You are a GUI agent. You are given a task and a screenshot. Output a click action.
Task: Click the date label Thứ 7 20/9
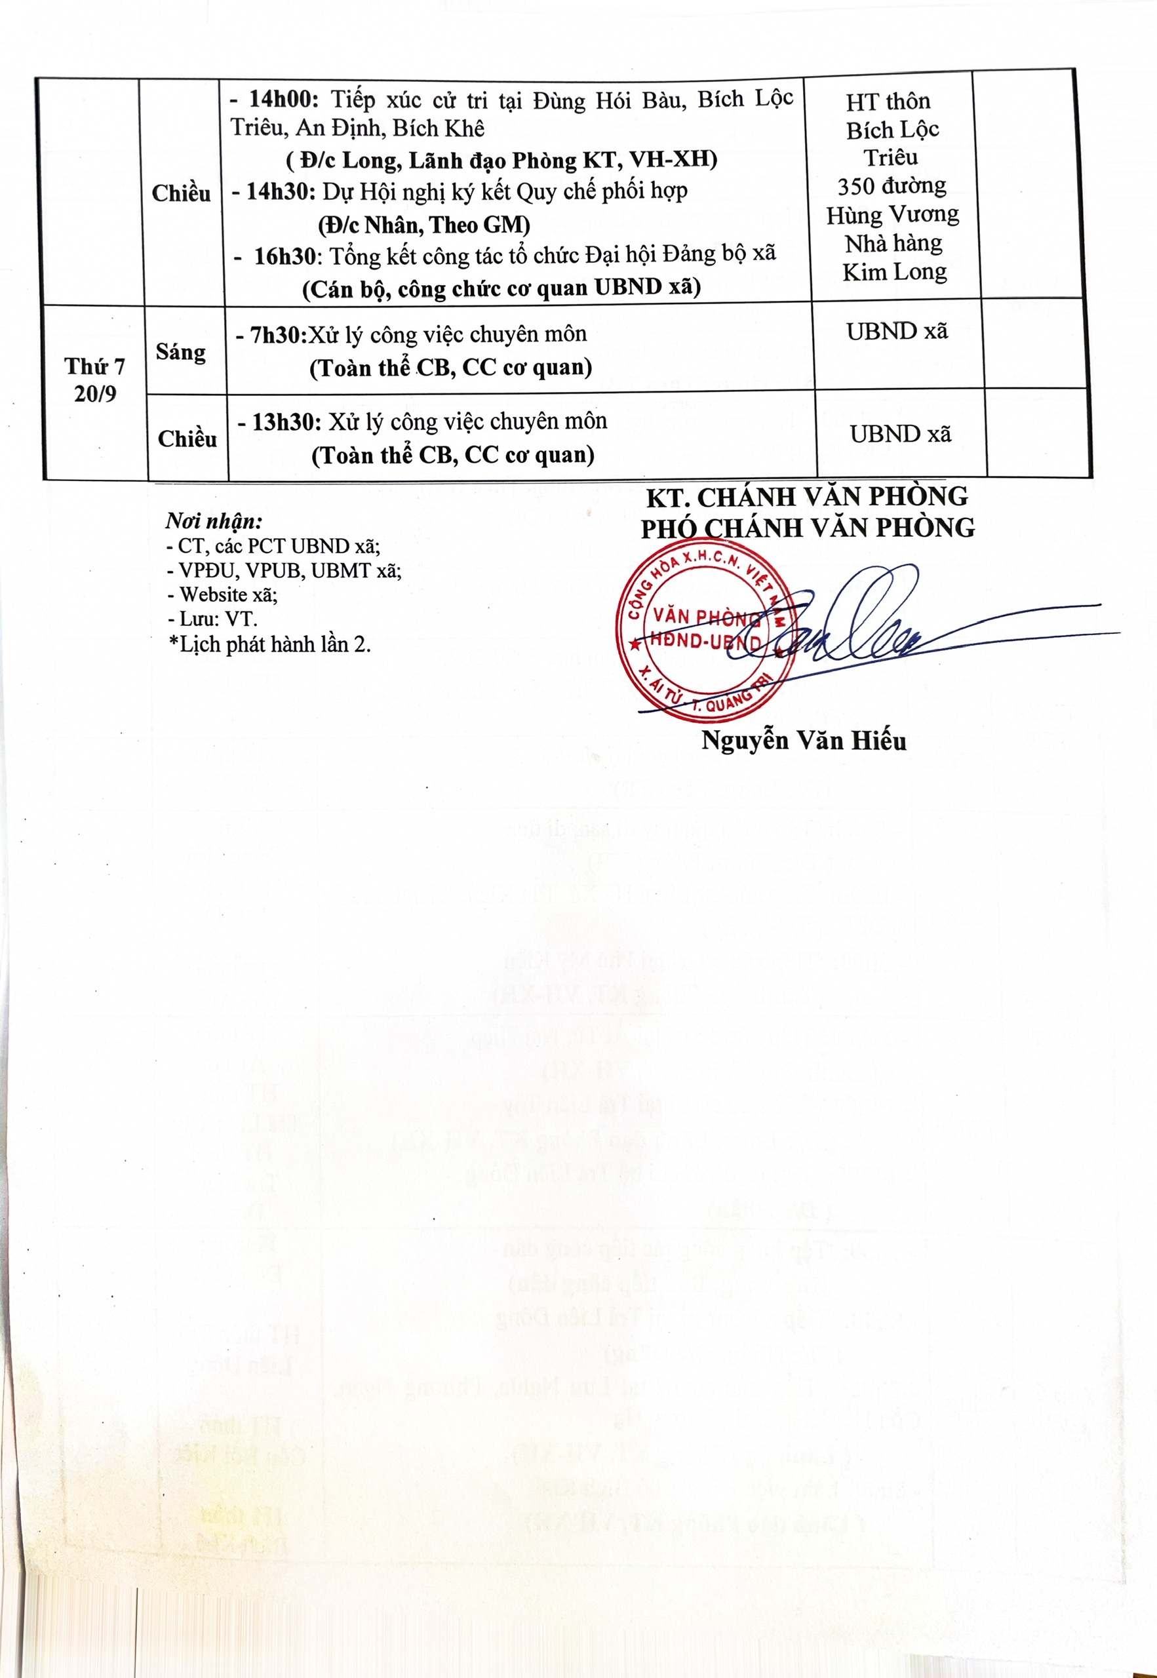[95, 380]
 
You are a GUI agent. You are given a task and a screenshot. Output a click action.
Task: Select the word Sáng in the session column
[180, 352]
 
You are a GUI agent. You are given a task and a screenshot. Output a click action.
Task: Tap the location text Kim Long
[895, 272]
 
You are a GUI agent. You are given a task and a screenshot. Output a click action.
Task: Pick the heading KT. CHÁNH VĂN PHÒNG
[807, 498]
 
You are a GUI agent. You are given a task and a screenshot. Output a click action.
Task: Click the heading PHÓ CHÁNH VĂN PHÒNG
[808, 528]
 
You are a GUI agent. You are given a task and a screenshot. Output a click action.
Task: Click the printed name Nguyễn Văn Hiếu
[804, 741]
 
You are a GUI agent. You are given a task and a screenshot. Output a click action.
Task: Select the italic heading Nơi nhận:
[214, 520]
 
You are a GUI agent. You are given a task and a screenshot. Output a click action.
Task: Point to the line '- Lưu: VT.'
[212, 619]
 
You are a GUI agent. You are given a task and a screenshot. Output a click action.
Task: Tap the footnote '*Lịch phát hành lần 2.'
[269, 644]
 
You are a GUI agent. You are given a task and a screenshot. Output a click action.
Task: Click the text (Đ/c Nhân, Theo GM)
[424, 225]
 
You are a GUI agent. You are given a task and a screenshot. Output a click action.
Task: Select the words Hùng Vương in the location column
[892, 215]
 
